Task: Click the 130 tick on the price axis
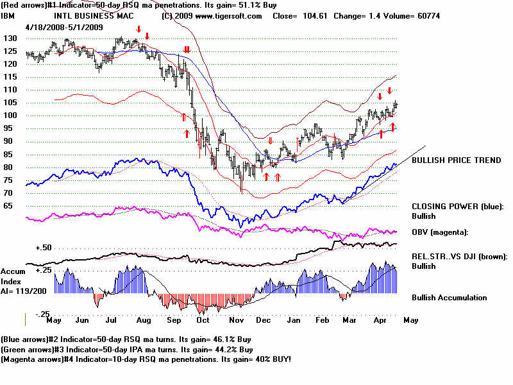[x=10, y=38]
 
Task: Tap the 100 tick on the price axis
[x=10, y=116]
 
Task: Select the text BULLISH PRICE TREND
[x=456, y=160]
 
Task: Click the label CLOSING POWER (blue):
[x=458, y=207]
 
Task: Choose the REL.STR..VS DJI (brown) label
[x=459, y=257]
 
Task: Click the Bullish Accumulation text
[x=449, y=298]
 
